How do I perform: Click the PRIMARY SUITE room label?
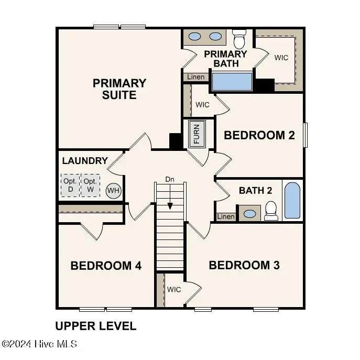119,89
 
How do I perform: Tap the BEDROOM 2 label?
259,135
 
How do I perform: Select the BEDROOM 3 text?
244,265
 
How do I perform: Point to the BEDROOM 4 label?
106,266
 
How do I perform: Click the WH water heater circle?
113,190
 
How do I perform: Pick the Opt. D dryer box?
70,184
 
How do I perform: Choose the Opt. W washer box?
90,184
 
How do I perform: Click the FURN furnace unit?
197,134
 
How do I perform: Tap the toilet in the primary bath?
239,39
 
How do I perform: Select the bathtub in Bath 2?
292,201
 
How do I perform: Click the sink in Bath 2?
250,213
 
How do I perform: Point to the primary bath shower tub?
232,82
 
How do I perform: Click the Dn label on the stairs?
169,179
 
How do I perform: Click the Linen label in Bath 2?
225,216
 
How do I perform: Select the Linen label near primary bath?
195,77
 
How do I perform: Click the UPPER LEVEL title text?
95,326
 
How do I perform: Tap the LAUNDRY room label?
85,161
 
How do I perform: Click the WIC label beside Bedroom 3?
174,289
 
